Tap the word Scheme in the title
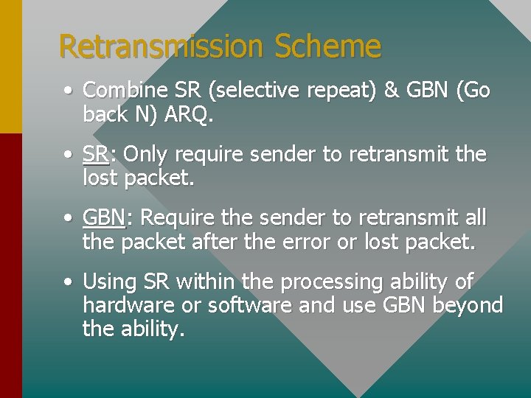(x=327, y=46)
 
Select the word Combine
(x=125, y=90)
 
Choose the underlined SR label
(x=95, y=154)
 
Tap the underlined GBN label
(x=103, y=218)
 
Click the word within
(x=203, y=282)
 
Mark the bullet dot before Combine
(x=67, y=91)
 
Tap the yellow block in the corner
(x=10, y=66)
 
